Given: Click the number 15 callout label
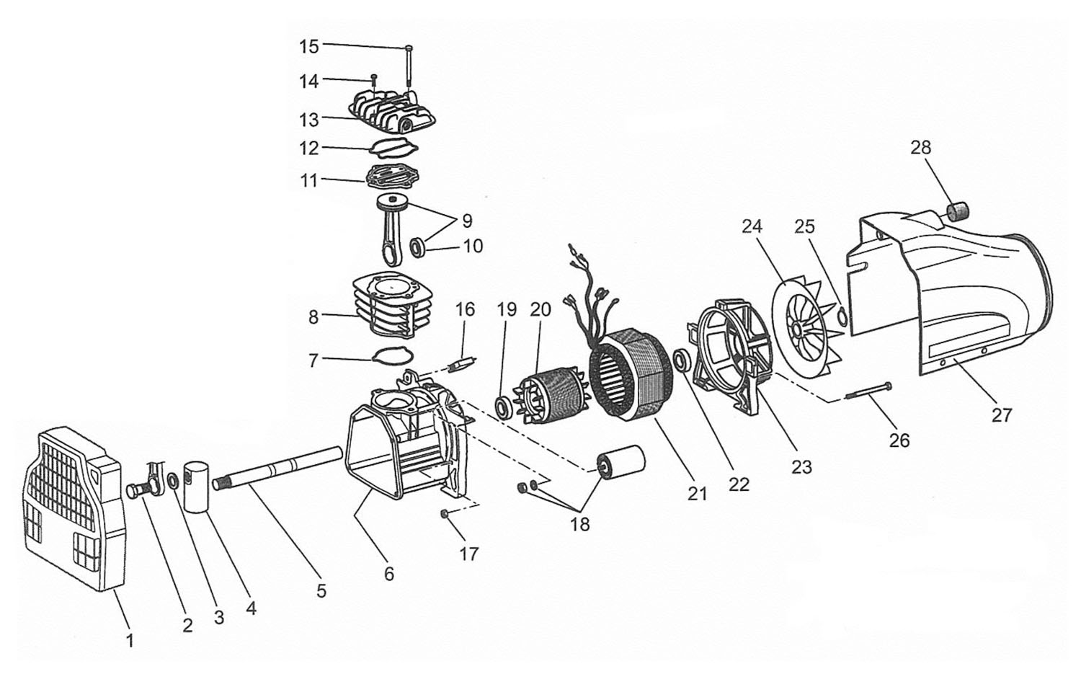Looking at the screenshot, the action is [x=309, y=46].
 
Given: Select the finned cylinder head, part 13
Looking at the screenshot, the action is [x=392, y=112].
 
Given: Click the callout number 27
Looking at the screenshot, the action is [x=1002, y=415].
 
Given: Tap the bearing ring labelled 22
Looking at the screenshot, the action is [x=683, y=361].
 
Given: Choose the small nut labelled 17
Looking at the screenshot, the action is [x=444, y=515].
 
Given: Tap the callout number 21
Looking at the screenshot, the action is [x=697, y=494].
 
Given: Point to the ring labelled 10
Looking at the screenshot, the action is [x=417, y=248].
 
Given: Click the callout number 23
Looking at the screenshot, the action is [x=801, y=467].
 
